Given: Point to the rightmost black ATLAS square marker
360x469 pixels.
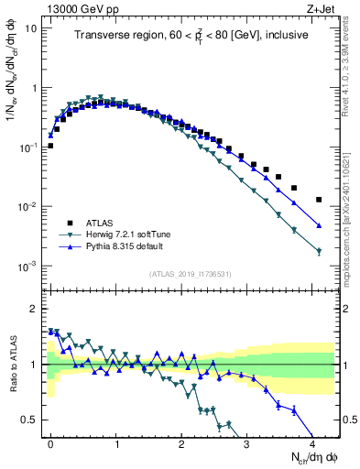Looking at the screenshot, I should tap(319, 200).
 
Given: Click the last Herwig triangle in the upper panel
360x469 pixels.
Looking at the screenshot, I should tap(319, 251).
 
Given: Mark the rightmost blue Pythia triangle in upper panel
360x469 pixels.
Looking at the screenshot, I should tap(319, 225).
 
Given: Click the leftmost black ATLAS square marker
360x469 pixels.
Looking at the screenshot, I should tap(50, 146).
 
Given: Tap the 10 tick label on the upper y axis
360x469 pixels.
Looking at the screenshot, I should tap(31, 28).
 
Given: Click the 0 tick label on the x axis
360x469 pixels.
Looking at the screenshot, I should tap(50, 442).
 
